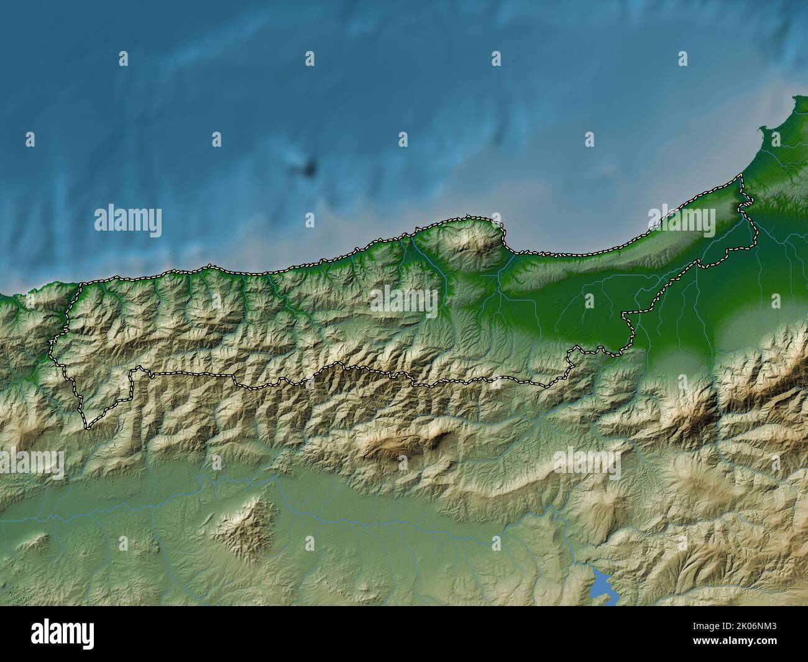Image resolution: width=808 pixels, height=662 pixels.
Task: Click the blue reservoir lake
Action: [x=602, y=585]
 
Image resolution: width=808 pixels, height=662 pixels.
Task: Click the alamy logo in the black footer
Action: [x=62, y=634]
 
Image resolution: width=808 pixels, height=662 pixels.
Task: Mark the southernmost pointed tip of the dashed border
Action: [x=88, y=428]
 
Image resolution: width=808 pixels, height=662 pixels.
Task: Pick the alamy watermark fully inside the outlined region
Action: [x=405, y=301]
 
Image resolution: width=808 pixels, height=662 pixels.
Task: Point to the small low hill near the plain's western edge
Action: [x=34, y=541]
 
